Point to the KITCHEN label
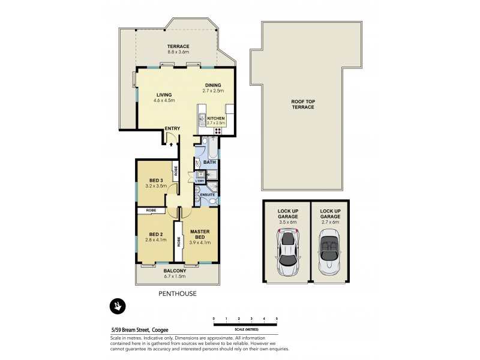click(215, 119)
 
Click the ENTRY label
click(173, 128)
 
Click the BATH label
click(209, 162)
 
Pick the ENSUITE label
click(208, 195)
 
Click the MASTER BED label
click(199, 234)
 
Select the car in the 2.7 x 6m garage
click(329, 254)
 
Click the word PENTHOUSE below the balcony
click(177, 293)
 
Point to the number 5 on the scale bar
click(277, 318)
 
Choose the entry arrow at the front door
click(172, 143)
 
